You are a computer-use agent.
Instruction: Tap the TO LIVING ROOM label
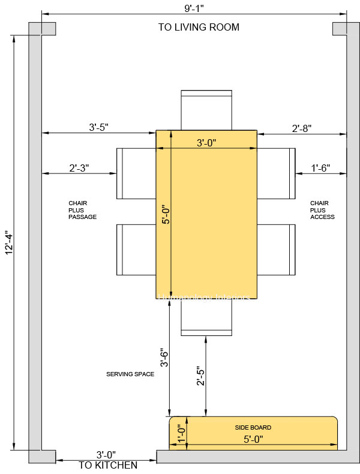tap(199, 27)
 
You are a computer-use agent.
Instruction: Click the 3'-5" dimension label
tap(98, 128)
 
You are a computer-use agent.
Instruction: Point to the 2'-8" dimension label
tap(301, 128)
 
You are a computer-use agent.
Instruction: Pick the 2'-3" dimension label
tap(79, 169)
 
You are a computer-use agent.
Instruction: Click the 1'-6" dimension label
tap(320, 169)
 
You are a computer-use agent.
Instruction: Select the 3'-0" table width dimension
tap(206, 143)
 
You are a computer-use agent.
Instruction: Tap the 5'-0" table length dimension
tap(166, 214)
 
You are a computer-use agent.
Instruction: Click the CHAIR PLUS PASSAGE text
tap(82, 210)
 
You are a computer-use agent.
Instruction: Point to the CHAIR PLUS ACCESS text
tap(322, 210)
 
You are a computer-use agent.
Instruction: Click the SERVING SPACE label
tap(130, 374)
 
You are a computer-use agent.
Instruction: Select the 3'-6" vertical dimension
tap(163, 359)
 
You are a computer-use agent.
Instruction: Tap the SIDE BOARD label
tap(253, 428)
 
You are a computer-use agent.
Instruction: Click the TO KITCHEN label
tap(108, 465)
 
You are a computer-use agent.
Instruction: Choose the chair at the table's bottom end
tap(206, 317)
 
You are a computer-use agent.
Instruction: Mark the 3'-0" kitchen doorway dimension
tap(106, 455)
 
